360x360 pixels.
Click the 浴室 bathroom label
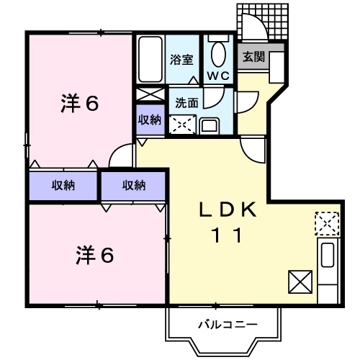coord(181,60)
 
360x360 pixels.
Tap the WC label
coord(217,76)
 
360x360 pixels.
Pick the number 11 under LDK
coord(225,235)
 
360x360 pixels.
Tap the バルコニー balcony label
coord(227,325)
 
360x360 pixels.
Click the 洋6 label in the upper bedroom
coord(78,103)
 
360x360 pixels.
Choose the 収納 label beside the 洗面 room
coord(150,119)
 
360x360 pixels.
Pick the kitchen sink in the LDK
coord(328,256)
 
